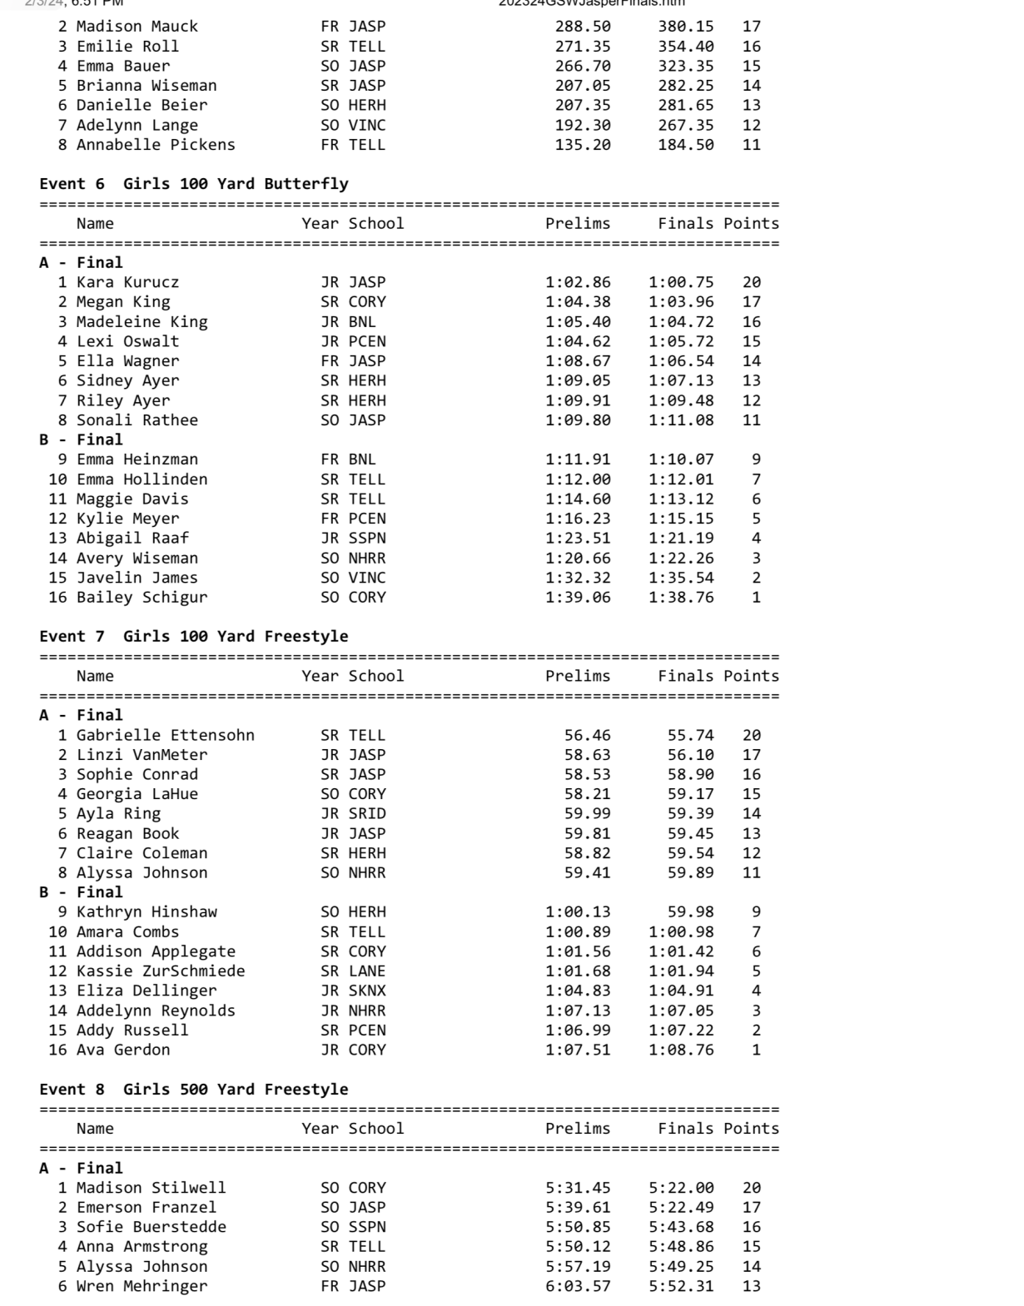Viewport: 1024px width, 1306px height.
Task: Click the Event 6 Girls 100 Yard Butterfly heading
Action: point(194,184)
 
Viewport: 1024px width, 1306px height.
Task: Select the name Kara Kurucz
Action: point(127,282)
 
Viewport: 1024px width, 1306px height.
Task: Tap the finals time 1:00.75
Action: point(681,282)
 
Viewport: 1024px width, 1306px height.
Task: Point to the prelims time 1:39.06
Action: point(578,597)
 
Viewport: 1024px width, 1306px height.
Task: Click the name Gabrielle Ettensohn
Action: point(165,735)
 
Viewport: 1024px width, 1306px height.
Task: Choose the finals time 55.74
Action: point(690,735)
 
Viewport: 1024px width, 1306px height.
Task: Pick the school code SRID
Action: point(367,813)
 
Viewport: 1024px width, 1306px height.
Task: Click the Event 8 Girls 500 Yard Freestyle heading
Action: point(194,1090)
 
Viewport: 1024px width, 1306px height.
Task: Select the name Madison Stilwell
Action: point(151,1188)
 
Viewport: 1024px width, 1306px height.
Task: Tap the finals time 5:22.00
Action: point(681,1188)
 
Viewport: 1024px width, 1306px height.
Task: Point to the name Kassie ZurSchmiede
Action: point(161,971)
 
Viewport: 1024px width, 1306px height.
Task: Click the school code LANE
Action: point(367,971)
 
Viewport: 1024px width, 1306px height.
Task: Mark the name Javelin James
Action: point(137,578)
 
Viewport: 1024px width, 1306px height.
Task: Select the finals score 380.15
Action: point(685,27)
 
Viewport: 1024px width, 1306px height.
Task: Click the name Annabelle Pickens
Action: point(156,145)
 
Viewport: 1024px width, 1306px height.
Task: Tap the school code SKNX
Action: point(367,991)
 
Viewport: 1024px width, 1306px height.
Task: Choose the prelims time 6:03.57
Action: point(578,1286)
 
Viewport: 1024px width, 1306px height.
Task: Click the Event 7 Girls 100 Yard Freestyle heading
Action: point(194,637)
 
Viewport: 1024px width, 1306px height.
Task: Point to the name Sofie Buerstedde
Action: point(151,1227)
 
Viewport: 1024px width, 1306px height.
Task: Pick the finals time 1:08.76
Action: point(681,1050)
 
